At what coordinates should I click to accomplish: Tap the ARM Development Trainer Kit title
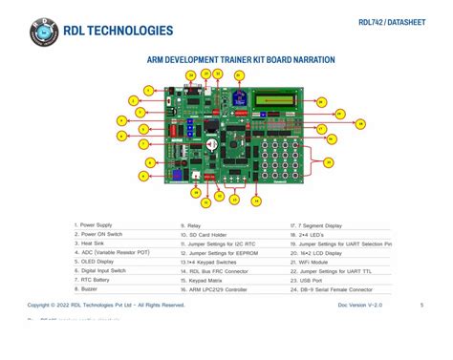coord(241,59)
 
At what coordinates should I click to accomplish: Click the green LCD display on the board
coord(286,97)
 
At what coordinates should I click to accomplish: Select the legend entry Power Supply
coord(96,225)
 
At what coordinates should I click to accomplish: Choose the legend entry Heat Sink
coord(93,244)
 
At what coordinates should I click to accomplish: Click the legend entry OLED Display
coord(97,262)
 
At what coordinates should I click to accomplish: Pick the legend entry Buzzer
coord(91,288)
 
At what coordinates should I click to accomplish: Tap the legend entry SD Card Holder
coord(207,234)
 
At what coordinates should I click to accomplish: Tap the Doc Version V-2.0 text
coord(360,305)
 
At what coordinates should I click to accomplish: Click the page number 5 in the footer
coord(421,305)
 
